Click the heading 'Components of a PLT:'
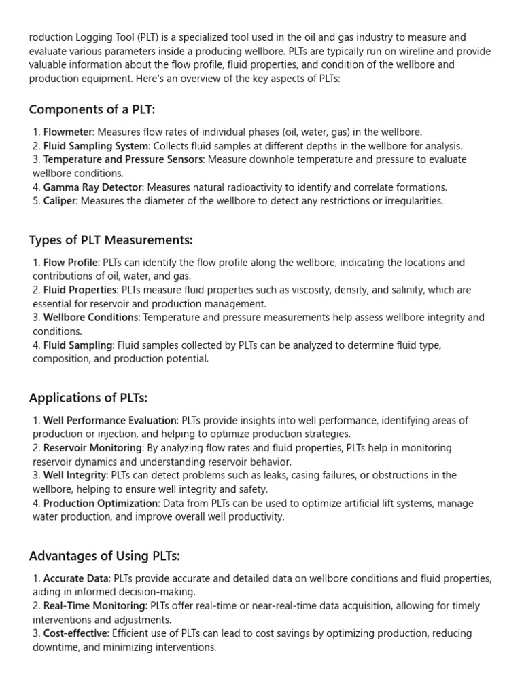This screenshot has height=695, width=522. (92, 109)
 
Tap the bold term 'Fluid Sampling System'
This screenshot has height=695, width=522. (96, 146)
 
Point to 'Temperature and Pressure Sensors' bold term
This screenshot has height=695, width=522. (123, 159)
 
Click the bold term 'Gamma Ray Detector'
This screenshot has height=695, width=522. (93, 187)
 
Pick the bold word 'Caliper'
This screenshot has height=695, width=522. (60, 201)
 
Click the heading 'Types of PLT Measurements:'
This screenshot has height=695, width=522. (111, 240)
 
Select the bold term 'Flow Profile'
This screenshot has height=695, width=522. (71, 263)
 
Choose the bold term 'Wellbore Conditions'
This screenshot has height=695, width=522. (91, 318)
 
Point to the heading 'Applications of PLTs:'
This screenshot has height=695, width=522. (88, 398)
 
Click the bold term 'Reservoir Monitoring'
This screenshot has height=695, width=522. (93, 448)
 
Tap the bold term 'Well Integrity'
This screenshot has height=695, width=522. (75, 475)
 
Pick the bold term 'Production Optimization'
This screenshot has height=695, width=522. (101, 503)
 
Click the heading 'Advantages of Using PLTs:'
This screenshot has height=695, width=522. (104, 556)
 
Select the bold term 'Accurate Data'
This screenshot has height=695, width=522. (75, 579)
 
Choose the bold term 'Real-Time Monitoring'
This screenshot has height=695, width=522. (94, 606)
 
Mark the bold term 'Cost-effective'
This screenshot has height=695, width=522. (75, 633)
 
